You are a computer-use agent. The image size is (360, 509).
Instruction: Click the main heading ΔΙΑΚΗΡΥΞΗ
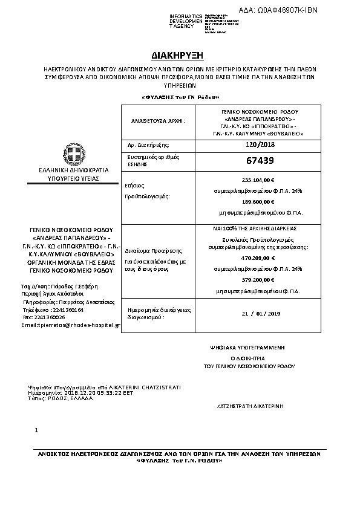[x=180, y=54]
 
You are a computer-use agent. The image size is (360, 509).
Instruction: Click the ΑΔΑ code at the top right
[x=286, y=10]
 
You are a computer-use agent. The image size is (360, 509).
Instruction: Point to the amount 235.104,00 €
[x=258, y=180]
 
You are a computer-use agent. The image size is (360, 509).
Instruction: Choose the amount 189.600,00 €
[x=258, y=202]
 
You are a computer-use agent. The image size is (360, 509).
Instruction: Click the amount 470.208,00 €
[x=258, y=258]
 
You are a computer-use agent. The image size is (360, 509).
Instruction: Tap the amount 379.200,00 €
[x=258, y=280]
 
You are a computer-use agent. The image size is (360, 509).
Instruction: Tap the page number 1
[x=37, y=430]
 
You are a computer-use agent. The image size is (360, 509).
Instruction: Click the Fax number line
[x=44, y=317]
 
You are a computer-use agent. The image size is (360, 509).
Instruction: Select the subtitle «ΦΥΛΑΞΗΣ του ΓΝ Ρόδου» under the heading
[x=180, y=97]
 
